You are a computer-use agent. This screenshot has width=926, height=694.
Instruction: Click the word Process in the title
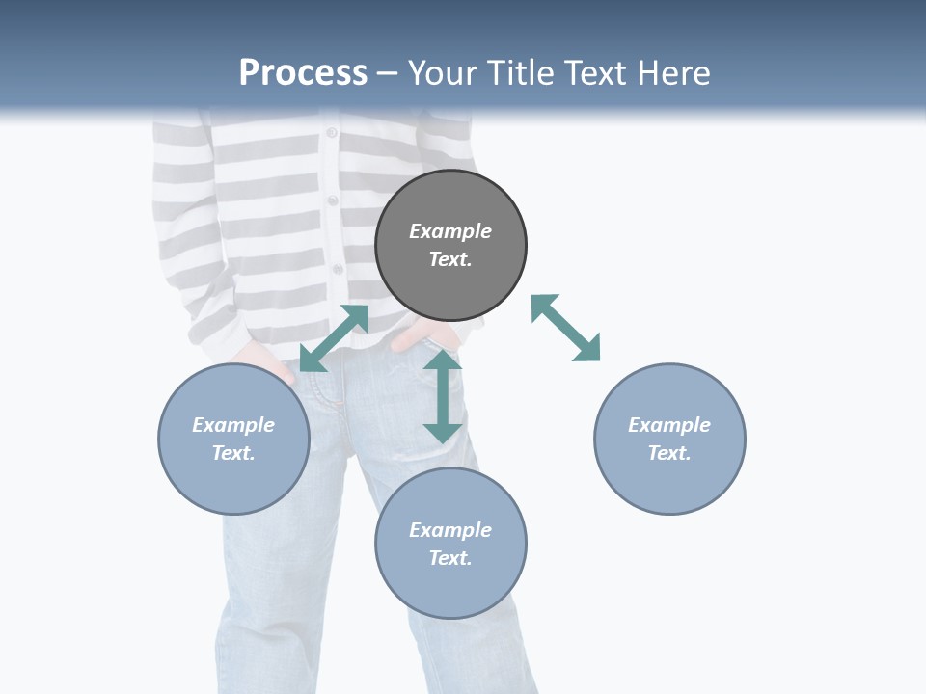pos(303,73)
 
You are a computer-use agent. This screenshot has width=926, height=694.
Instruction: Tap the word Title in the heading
pos(523,73)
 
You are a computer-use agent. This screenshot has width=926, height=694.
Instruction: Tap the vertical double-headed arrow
pos(443,396)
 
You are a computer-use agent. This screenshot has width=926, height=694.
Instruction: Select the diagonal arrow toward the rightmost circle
pos(566,328)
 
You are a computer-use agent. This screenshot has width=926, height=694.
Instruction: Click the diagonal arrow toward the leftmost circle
pos(334,338)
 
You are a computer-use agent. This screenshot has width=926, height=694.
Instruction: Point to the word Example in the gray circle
pos(450,231)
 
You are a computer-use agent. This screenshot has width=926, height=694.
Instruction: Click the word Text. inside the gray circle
pos(450,259)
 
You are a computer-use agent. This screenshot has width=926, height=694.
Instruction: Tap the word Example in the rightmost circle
pos(669,425)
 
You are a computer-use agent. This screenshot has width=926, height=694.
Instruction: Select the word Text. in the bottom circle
pos(450,558)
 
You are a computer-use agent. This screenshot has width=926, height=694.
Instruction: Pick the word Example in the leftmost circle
pos(233,425)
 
